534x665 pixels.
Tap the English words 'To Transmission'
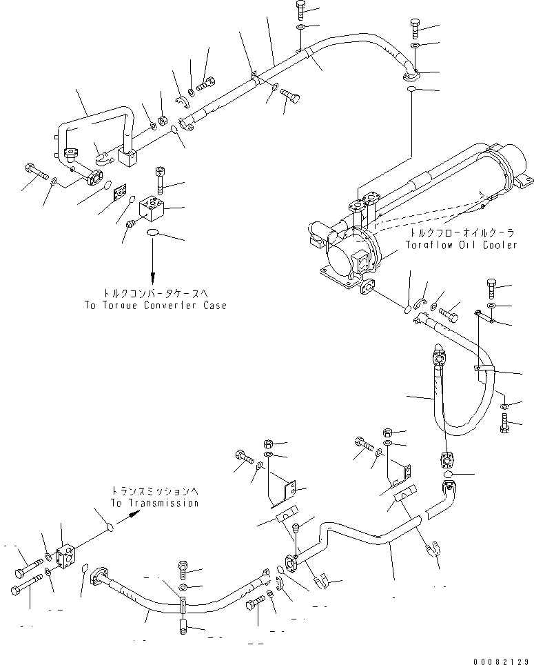[155, 504]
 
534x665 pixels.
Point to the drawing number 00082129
[501, 658]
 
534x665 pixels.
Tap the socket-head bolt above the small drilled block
[160, 180]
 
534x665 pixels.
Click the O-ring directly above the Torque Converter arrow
[155, 233]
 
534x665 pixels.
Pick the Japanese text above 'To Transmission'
[155, 491]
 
